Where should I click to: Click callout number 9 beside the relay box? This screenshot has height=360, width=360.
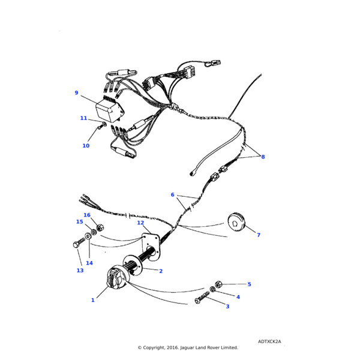pos(76,93)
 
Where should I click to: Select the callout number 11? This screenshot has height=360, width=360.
pos(83,118)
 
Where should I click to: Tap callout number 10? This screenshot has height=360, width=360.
pos(86,146)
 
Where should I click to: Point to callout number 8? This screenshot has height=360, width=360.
pos(263,157)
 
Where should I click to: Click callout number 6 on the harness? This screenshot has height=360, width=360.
pos(172,194)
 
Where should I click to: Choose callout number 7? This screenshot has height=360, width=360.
pos(259,235)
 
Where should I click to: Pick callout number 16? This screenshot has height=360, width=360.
pos(87,215)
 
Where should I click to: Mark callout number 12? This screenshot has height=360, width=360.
pos(140,223)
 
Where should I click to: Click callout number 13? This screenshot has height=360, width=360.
pos(80,270)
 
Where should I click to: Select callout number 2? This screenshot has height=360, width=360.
pos(161,271)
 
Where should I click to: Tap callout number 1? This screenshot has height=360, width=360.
pos(92,300)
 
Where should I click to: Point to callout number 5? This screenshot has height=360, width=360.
pos(249,284)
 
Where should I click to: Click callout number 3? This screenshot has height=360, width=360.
pos(227,307)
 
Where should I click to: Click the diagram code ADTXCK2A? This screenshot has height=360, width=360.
pos(269,341)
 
